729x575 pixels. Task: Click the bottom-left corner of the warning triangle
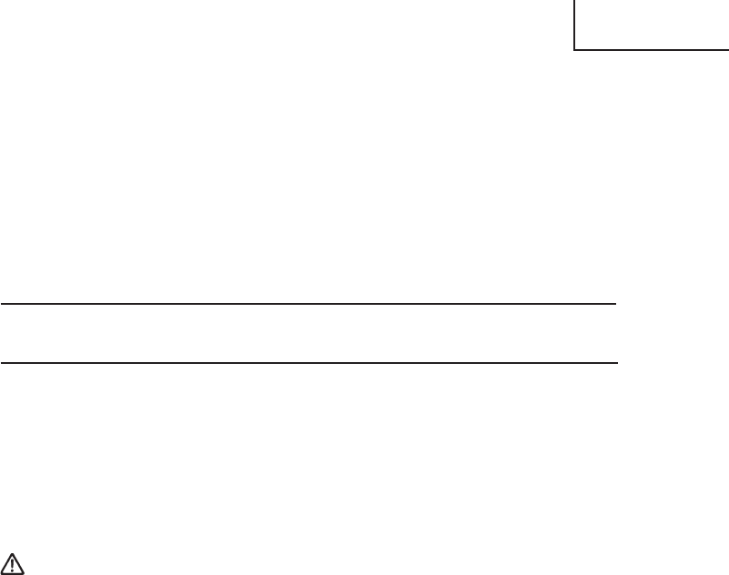click(x=5, y=572)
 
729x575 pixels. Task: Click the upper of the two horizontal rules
click(x=309, y=304)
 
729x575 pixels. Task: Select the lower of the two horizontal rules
click(x=309, y=363)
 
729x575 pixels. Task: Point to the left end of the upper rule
click(x=1, y=304)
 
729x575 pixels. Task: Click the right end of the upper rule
click(x=617, y=304)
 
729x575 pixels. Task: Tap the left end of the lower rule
click(x=1, y=363)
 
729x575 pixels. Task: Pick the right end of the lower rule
click(x=617, y=363)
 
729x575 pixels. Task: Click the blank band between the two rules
click(x=309, y=334)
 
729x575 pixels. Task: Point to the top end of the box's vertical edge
click(x=576, y=1)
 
